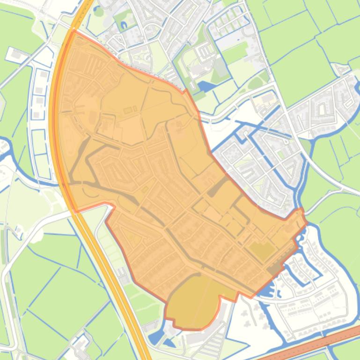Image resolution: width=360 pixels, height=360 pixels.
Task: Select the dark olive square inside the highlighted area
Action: coord(261,251)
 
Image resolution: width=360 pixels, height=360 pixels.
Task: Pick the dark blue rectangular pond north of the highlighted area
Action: coord(206,86)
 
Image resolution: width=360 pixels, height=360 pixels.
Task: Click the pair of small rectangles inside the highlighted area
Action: coord(130,110)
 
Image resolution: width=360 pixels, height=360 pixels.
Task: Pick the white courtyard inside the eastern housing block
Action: coord(322,109)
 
